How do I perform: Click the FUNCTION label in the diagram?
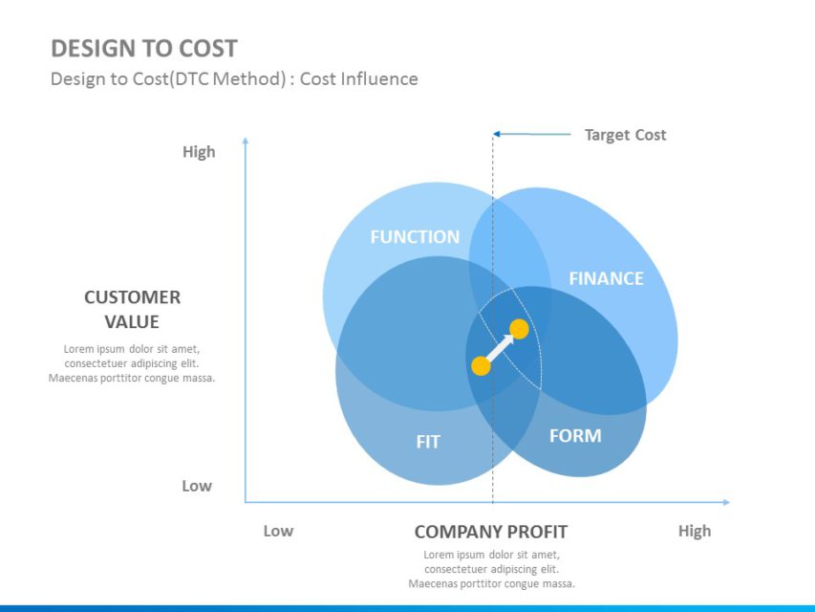[x=415, y=237]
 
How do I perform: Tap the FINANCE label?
[x=606, y=278]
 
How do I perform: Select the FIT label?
[x=428, y=442]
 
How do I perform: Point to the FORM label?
[x=575, y=436]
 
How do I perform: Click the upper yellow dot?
[x=519, y=330]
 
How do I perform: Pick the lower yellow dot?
[x=482, y=365]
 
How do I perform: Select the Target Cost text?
[x=625, y=135]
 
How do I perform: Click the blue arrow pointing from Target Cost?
[x=531, y=134]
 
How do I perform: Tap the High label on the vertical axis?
[x=199, y=151]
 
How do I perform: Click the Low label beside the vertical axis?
[x=197, y=486]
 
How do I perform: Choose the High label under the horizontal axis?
[x=695, y=531]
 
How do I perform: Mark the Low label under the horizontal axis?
[x=278, y=531]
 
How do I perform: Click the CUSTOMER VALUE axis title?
[x=132, y=309]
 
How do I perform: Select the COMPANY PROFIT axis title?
[x=490, y=532]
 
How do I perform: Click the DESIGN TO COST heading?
[x=144, y=49]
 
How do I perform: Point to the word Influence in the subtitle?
[x=382, y=79]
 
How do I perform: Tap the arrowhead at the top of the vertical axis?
[x=246, y=142]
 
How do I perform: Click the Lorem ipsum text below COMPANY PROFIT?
[x=491, y=569]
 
